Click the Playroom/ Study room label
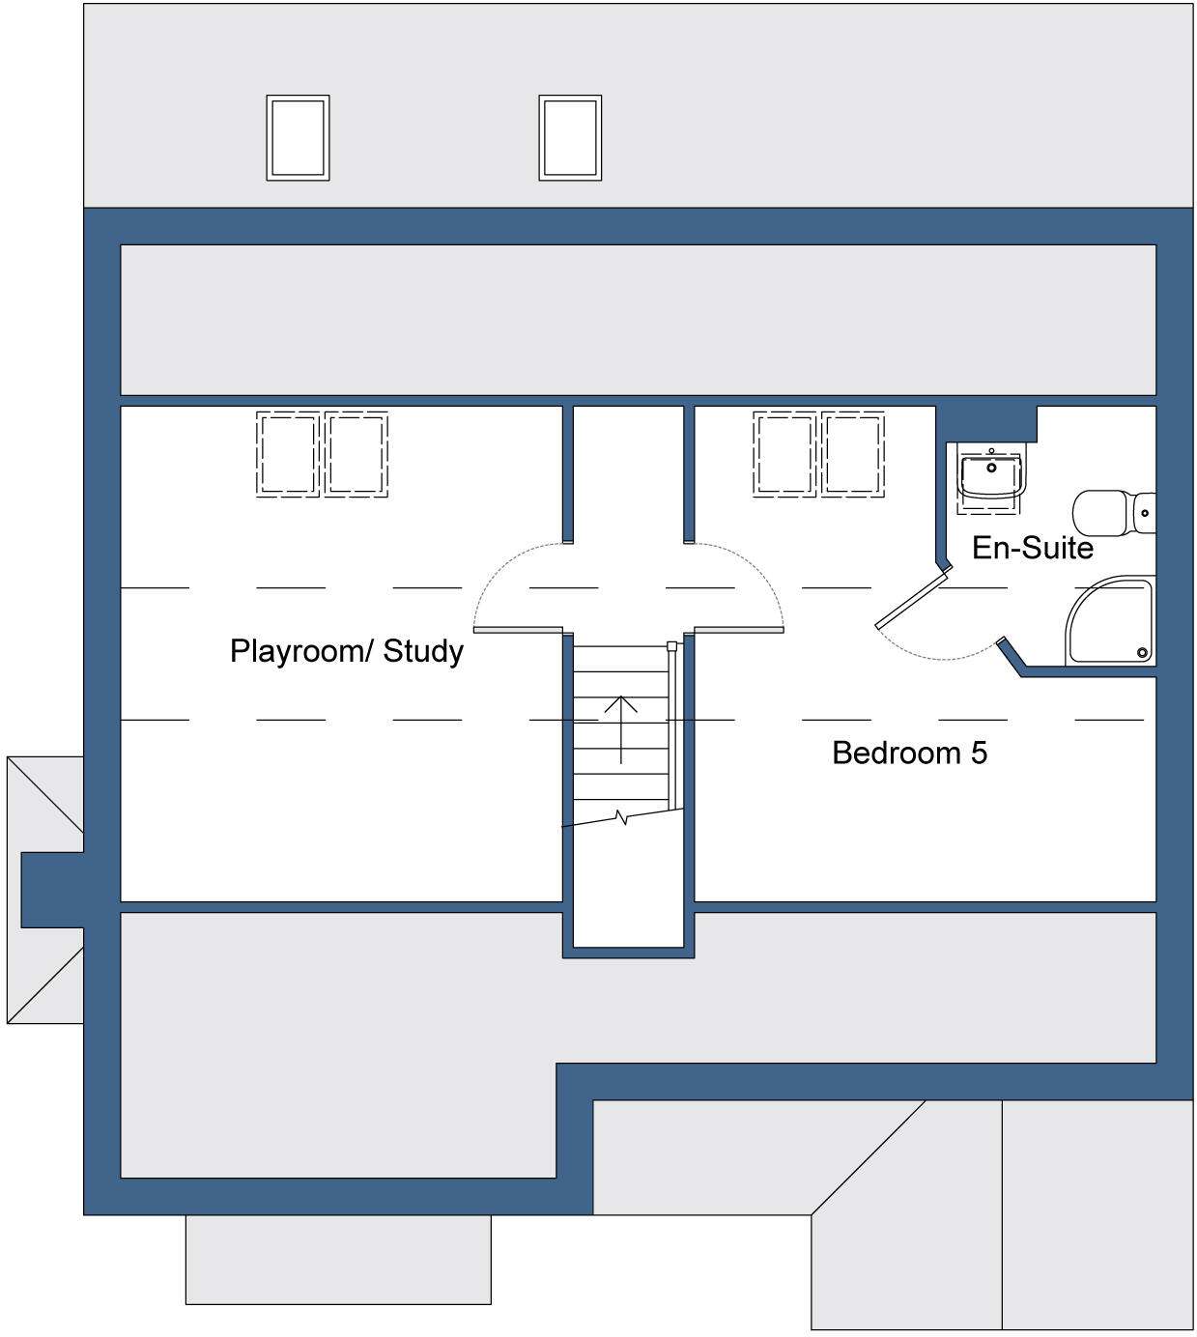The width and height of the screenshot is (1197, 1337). (346, 651)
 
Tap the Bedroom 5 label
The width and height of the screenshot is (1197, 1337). (909, 753)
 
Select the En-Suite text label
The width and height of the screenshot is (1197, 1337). (1032, 548)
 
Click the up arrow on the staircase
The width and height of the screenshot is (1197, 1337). (620, 728)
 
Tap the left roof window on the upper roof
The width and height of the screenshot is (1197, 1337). (298, 137)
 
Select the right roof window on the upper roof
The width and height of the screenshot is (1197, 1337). (570, 137)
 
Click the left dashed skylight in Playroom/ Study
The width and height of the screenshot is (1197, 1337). (288, 454)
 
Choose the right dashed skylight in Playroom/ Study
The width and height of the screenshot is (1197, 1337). (356, 454)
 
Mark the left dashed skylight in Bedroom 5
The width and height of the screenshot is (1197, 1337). (784, 454)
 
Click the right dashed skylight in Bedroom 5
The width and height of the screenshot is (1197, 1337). (853, 454)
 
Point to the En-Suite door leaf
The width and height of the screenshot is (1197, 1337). (910, 599)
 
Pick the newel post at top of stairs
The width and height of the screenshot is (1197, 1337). (672, 645)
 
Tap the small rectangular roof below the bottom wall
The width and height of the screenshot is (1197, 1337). (338, 1259)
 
